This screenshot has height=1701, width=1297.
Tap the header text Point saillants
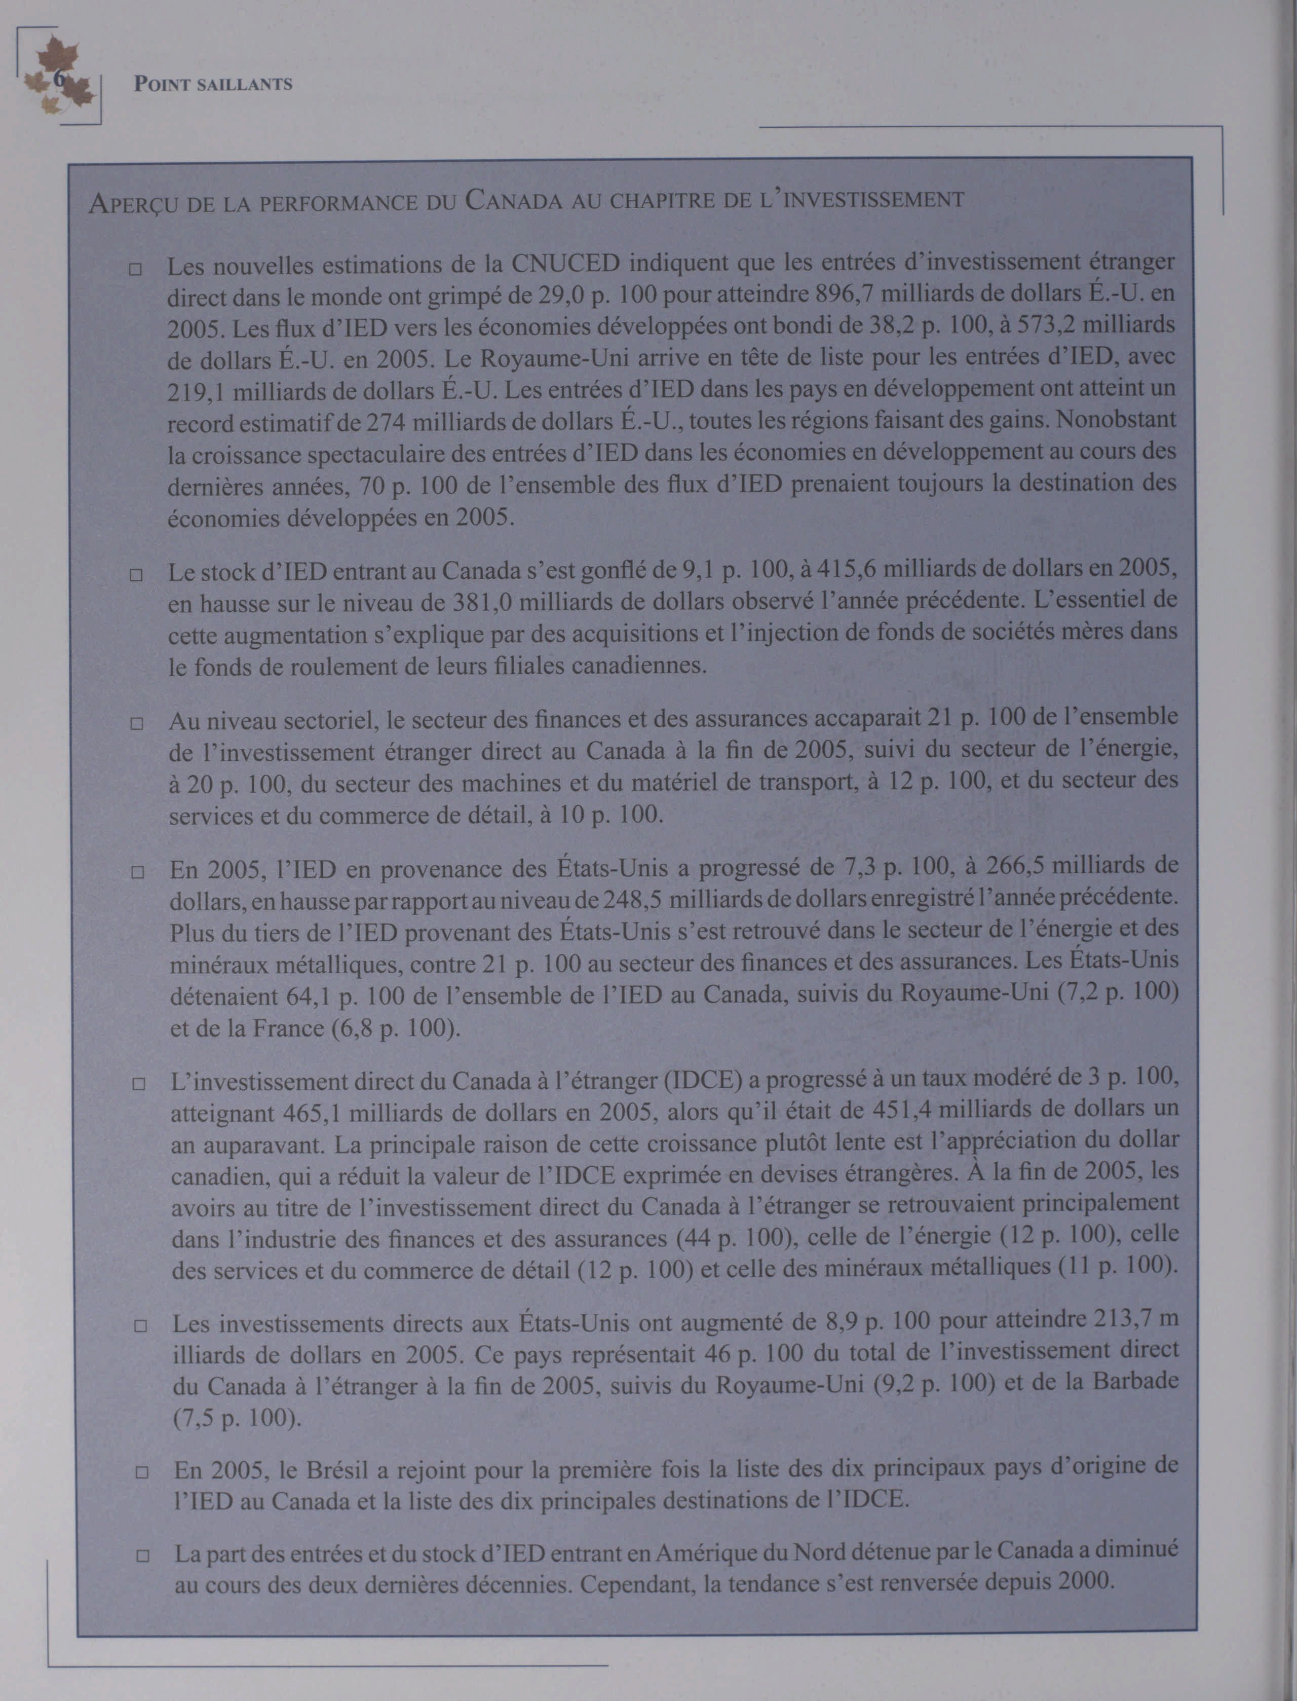click(213, 84)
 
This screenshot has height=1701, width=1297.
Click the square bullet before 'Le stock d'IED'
click(136, 575)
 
